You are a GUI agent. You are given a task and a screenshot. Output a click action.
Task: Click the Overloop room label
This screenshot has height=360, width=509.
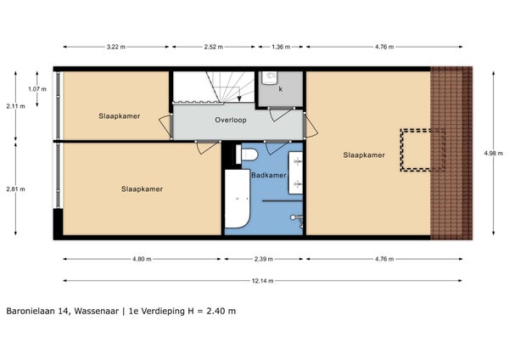click(231, 120)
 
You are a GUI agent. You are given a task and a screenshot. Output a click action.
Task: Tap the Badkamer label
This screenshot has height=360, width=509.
click(269, 175)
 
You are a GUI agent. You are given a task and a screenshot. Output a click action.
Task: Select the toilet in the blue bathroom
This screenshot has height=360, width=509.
click(247, 155)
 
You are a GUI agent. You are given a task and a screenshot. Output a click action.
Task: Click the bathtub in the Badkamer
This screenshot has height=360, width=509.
click(238, 198)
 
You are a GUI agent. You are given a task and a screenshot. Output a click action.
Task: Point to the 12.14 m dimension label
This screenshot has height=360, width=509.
click(262, 281)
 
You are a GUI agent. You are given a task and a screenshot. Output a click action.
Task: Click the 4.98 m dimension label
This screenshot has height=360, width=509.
click(494, 154)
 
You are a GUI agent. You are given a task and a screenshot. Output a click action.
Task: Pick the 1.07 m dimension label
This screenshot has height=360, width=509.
click(37, 89)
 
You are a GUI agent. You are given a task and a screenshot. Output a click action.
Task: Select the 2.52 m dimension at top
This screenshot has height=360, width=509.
click(214, 47)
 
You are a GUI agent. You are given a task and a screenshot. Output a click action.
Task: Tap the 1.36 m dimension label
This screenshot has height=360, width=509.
click(281, 47)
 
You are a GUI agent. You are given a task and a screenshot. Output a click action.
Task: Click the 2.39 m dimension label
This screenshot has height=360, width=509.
click(263, 259)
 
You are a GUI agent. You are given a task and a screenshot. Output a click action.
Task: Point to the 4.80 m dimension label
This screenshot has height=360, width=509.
click(142, 259)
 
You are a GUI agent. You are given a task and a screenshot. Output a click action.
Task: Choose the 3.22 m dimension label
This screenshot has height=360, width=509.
click(116, 47)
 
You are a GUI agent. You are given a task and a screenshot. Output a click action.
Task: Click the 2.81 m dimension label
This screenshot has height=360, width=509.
click(15, 189)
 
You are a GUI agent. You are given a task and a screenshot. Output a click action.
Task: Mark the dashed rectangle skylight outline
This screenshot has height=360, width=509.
click(401, 150)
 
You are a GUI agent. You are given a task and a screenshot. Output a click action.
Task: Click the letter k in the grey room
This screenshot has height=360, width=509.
click(281, 89)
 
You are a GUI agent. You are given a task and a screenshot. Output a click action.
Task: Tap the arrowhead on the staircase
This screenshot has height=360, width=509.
click(239, 98)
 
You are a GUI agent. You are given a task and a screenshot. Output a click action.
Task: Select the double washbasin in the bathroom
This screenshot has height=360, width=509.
click(296, 172)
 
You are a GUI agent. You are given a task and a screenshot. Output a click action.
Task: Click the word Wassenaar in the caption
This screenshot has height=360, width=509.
click(97, 311)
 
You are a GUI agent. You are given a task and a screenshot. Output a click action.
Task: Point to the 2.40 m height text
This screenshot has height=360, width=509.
click(221, 311)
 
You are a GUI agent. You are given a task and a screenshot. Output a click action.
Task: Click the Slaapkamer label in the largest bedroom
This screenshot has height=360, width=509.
click(364, 155)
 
